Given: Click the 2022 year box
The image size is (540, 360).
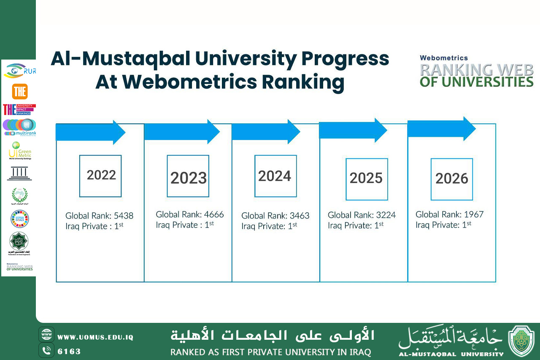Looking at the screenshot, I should [x=100, y=176].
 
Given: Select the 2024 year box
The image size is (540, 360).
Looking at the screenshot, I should [x=275, y=176].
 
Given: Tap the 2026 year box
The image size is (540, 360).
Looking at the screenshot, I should [x=451, y=179].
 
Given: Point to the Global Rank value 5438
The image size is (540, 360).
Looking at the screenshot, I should [x=124, y=216].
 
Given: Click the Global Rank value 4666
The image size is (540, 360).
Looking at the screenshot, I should [x=214, y=214].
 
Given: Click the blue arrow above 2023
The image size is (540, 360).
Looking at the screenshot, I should [x=181, y=132].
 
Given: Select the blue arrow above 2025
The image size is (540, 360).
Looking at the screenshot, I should [x=353, y=130].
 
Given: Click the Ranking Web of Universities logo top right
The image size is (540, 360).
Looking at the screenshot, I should [x=476, y=72].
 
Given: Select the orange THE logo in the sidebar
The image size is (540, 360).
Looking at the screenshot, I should [x=19, y=91].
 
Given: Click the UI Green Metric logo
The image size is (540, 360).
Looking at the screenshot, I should [x=19, y=151].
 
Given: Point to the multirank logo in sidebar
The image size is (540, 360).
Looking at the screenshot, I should [x=19, y=127].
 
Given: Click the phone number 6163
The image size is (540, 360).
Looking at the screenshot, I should [x=69, y=352].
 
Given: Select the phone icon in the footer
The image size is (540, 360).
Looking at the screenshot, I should [x=46, y=351].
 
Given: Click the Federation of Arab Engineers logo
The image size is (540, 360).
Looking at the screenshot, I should [x=19, y=244].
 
